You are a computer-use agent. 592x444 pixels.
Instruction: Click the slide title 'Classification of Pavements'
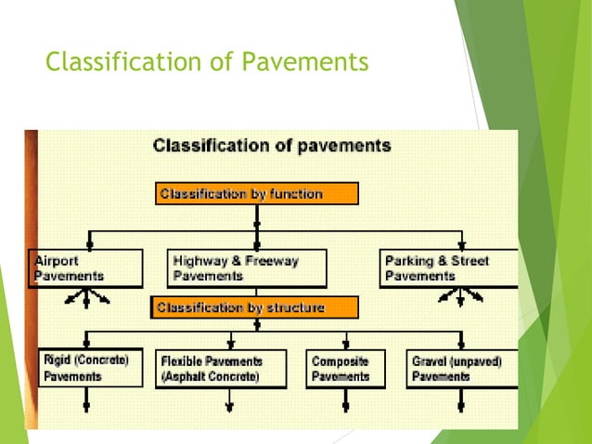tap(207, 62)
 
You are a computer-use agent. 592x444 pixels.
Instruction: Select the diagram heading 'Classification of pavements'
tap(271, 146)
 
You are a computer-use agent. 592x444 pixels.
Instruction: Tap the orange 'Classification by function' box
tap(256, 194)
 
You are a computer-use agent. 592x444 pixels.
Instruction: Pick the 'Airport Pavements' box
tap(85, 268)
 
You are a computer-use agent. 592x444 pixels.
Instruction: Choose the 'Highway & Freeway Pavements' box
tap(247, 268)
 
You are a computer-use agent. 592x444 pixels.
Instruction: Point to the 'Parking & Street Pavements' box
tap(448, 268)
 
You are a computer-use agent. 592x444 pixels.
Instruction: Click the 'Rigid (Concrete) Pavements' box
tap(90, 368)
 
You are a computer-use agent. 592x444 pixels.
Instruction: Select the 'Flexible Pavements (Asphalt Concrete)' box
tap(225, 368)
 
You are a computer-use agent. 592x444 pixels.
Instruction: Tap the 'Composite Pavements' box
tap(344, 368)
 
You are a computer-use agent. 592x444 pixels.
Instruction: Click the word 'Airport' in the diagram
tap(57, 261)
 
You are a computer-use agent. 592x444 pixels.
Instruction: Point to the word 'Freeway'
tap(274, 261)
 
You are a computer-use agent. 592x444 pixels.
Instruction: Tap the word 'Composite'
tap(340, 360)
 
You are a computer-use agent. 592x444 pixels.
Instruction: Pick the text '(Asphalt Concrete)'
tap(210, 377)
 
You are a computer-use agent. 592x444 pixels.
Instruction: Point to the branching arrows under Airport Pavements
tap(86, 297)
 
